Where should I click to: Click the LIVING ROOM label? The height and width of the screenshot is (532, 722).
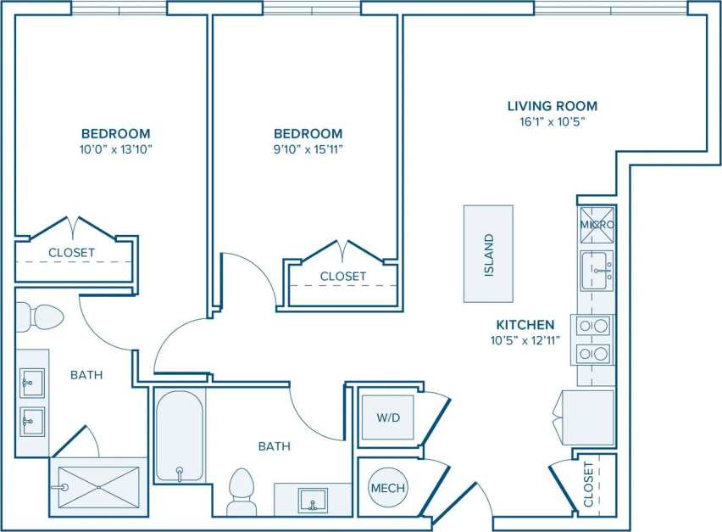coord(552,106)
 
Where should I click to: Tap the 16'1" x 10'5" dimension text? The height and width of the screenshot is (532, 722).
coord(552,121)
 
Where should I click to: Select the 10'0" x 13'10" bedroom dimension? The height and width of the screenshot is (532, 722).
coord(116,149)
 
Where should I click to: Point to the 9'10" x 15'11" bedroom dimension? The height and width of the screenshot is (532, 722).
coord(308,149)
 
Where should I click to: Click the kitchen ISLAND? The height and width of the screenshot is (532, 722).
coord(488,254)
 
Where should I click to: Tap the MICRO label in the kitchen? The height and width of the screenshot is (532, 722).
coord(597,224)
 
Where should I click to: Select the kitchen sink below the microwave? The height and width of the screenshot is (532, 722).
coord(597,270)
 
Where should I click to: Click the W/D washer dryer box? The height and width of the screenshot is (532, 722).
coord(387,417)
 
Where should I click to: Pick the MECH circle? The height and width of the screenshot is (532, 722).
coord(387,488)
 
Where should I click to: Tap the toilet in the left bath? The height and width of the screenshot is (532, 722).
coord(40,317)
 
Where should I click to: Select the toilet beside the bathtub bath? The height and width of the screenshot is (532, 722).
coord(242,490)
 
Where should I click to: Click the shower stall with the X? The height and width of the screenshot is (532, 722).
coord(98,486)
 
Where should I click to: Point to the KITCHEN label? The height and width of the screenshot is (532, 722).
coord(525,325)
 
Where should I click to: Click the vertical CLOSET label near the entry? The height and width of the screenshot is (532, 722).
coord(589,484)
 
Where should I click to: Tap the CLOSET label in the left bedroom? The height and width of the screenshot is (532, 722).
coord(71,252)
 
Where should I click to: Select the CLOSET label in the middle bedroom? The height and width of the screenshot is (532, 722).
coord(343,276)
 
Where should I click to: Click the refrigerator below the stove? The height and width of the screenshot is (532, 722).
coord(587,417)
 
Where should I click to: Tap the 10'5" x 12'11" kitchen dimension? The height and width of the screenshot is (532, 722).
coord(525,340)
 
